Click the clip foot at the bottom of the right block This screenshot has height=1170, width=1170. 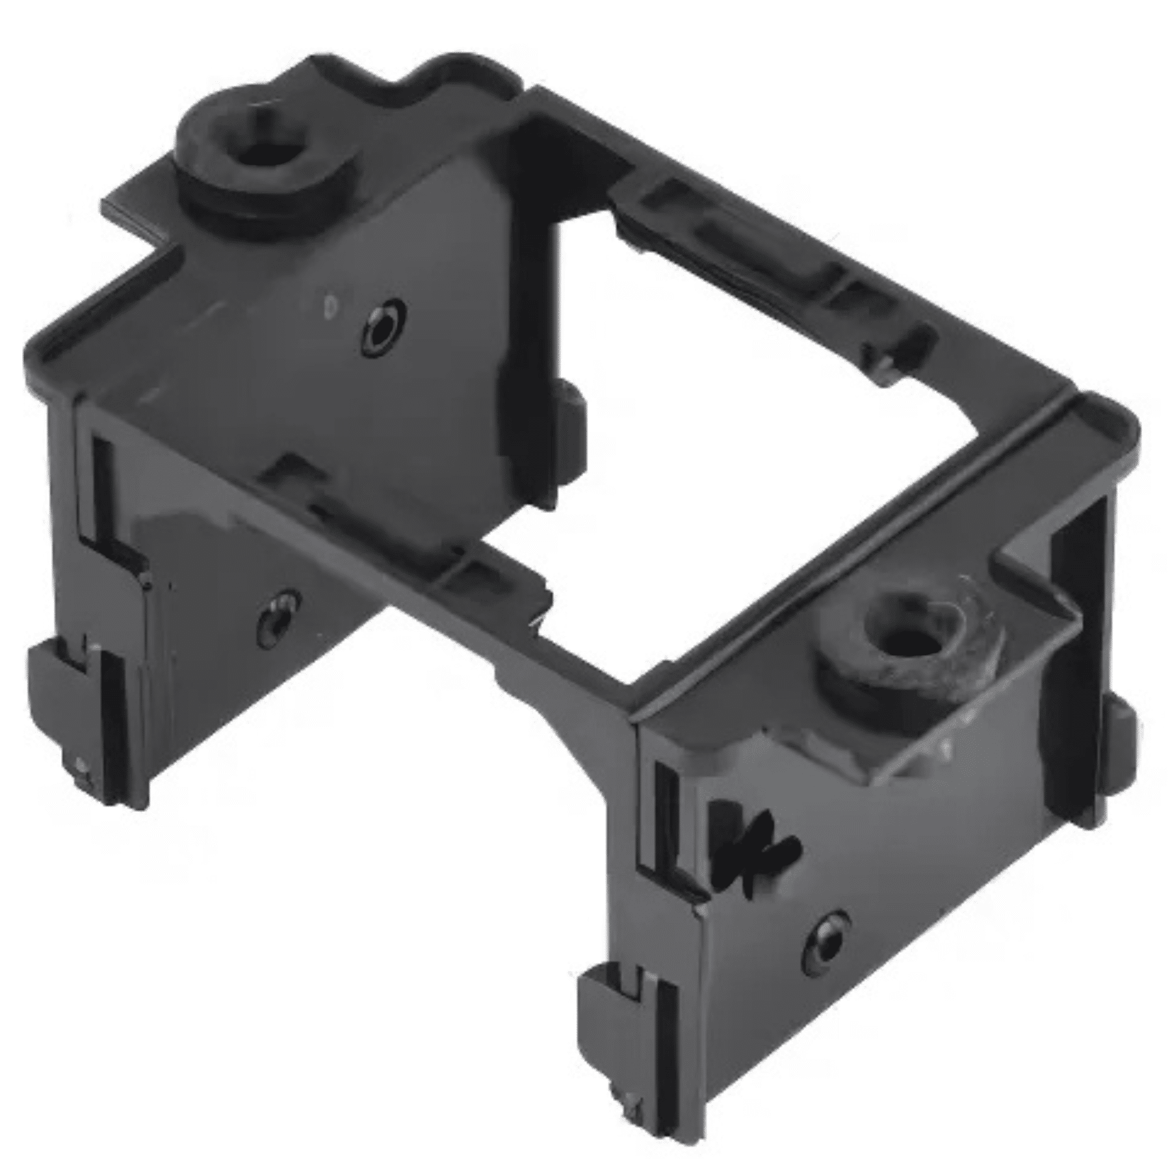pos(624,1014)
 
